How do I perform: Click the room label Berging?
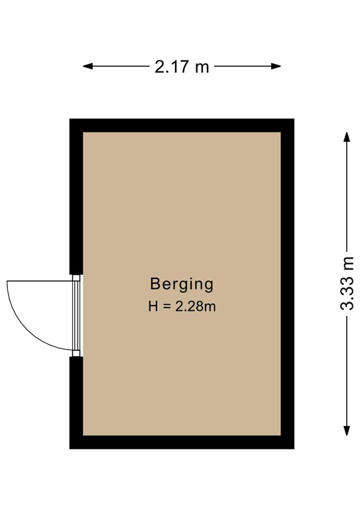click(182, 285)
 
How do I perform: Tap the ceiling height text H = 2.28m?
click(182, 307)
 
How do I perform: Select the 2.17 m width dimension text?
click(182, 67)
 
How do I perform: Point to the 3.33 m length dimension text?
click(347, 284)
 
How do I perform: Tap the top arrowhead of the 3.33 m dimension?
click(346, 137)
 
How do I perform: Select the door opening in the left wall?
click(77, 315)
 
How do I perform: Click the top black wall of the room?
click(182, 125)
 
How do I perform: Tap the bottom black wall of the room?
click(182, 442)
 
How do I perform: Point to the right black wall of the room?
click(287, 284)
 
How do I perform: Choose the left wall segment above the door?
click(76, 199)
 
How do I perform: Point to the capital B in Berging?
click(155, 284)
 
